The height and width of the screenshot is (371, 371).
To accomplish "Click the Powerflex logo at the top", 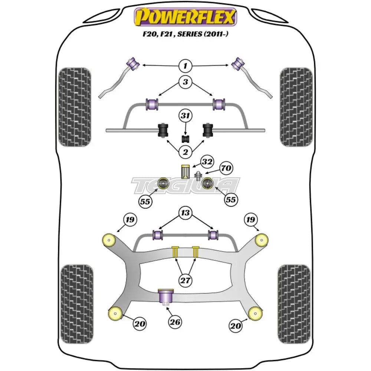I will (185, 17).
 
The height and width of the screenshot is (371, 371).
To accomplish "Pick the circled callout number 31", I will (185, 116).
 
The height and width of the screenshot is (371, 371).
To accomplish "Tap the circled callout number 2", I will (185, 151).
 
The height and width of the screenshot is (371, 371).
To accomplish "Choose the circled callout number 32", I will (207, 162).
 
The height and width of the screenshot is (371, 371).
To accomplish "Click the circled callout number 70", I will (226, 168).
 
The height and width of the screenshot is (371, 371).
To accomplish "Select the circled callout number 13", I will (185, 213).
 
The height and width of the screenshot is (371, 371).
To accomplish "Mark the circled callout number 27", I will (185, 280).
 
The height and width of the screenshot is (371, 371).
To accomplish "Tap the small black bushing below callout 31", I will (185, 139).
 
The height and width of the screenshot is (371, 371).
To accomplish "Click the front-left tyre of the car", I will (75, 107).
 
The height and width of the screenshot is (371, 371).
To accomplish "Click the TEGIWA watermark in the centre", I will (185, 185).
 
